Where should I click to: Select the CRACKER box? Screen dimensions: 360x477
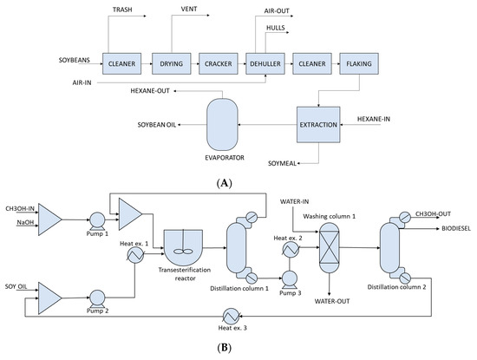click(x=218, y=62)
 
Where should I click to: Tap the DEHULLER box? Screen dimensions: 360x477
click(x=265, y=62)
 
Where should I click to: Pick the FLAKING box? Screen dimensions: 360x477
click(x=359, y=62)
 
